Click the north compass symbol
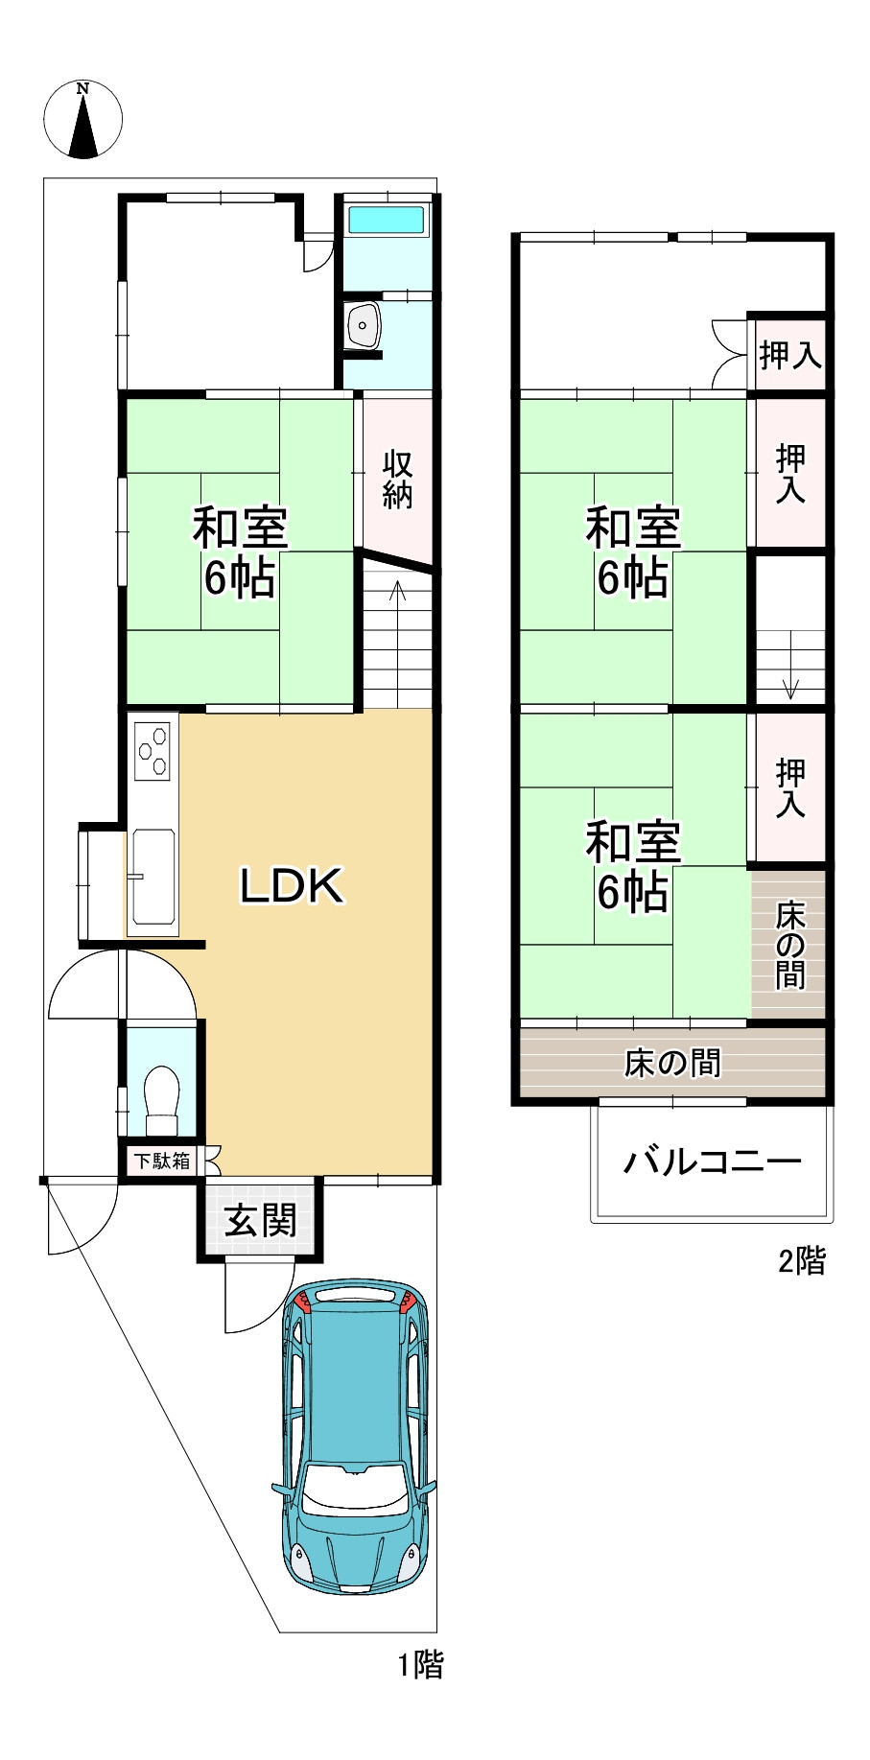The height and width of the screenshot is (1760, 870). [x=83, y=120]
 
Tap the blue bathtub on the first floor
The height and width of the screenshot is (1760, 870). [x=387, y=220]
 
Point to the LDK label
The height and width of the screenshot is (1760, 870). [x=291, y=885]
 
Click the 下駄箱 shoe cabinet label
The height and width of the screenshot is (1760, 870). [x=161, y=1160]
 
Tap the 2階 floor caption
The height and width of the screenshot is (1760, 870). [x=801, y=1260]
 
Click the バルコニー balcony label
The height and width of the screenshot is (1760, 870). [x=712, y=1162]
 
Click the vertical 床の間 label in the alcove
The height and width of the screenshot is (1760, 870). [x=790, y=945]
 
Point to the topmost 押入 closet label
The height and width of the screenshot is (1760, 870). [x=789, y=356]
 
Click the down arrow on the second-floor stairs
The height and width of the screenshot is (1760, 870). [x=790, y=687]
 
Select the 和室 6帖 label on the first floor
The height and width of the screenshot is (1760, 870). [x=239, y=551]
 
